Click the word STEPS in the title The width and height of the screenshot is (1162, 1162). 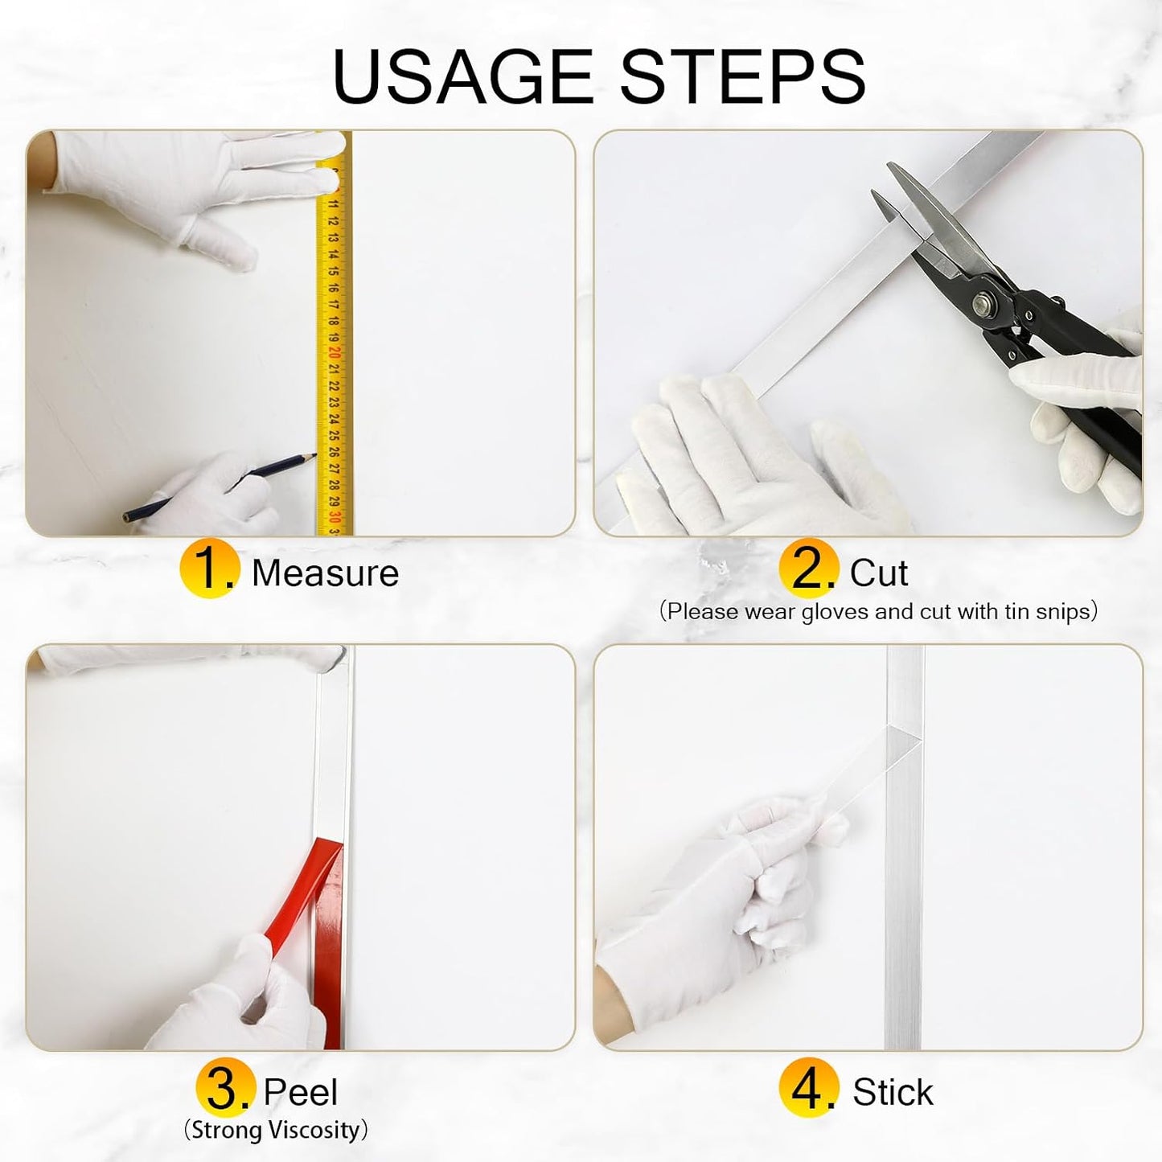coord(743,76)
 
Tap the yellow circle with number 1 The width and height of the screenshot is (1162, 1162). coord(209,568)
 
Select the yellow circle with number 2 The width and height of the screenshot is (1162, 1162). coord(808,568)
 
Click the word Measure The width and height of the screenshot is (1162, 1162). coord(325,573)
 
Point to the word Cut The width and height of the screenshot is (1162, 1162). coord(879,573)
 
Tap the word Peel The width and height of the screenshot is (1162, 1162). coord(300,1092)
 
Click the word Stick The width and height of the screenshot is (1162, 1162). coord(893,1092)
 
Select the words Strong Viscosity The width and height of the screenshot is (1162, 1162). coord(276,1130)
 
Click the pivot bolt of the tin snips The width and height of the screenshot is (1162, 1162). coord(986,299)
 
